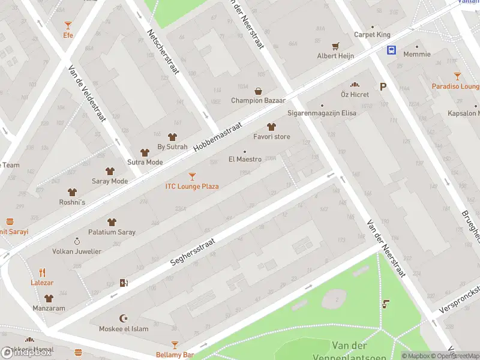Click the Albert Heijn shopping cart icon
pyautogui.click(x=335, y=46)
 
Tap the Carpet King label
pyautogui.click(x=372, y=35)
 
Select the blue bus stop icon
pyautogui.click(x=391, y=50)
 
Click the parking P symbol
pyautogui.click(x=382, y=87)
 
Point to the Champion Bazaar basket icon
pyautogui.click(x=258, y=91)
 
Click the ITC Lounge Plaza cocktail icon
pyautogui.click(x=192, y=176)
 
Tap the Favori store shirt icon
pyautogui.click(x=271, y=127)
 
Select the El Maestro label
pyautogui.click(x=245, y=159)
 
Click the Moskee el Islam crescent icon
pyautogui.click(x=125, y=319)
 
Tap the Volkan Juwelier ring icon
pyautogui.click(x=77, y=241)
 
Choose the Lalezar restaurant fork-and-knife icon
pyautogui.click(x=43, y=272)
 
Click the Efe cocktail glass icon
pyautogui.click(x=68, y=25)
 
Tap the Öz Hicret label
pyautogui.click(x=355, y=95)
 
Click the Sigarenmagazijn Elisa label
pyautogui.click(x=322, y=112)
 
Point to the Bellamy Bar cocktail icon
pyautogui.click(x=175, y=345)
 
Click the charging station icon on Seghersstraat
pyautogui.click(x=124, y=283)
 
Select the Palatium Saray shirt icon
pyautogui.click(x=112, y=222)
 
